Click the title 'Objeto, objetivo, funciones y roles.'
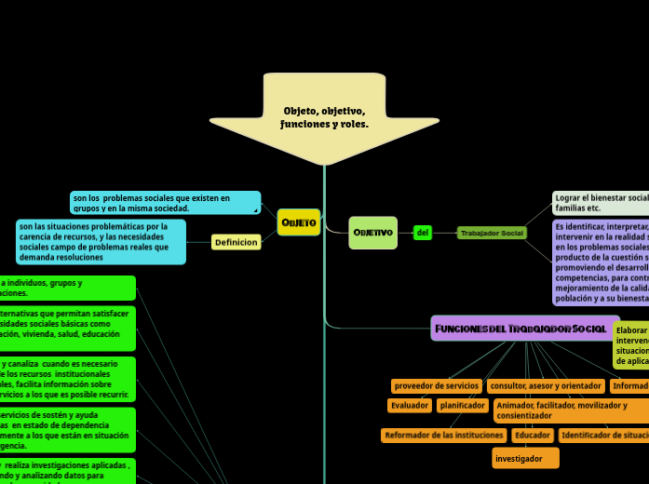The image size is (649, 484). (324, 117)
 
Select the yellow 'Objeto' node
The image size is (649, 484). (299, 222)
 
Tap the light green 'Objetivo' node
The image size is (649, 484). (372, 232)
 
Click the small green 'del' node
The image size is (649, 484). (423, 232)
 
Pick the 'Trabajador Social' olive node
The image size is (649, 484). (492, 233)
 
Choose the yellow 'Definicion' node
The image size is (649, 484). (236, 242)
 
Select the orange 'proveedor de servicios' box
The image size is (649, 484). (436, 385)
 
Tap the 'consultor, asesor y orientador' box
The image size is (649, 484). (546, 385)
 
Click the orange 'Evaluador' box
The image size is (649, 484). (410, 406)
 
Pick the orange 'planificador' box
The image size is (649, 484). (463, 406)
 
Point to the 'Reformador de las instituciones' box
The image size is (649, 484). (444, 435)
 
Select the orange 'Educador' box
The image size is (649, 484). (533, 435)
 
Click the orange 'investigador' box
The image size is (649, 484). (525, 458)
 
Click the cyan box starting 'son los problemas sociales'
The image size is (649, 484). (165, 203)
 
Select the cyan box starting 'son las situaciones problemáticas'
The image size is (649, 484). (101, 242)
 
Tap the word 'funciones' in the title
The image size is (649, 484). (301, 124)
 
